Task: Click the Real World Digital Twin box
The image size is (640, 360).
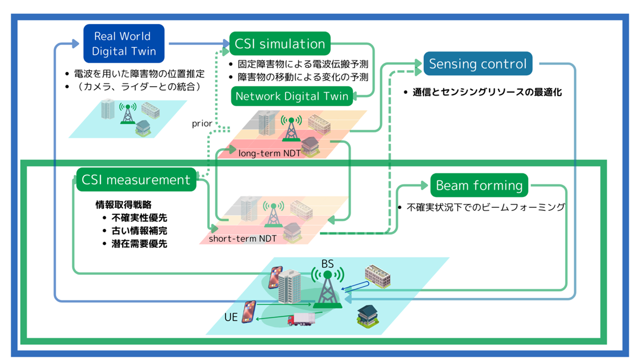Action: click(x=124, y=43)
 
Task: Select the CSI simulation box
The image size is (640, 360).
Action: click(x=280, y=44)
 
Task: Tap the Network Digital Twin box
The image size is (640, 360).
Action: click(x=292, y=96)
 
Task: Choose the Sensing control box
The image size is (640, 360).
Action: click(x=477, y=64)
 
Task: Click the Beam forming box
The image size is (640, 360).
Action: click(x=479, y=186)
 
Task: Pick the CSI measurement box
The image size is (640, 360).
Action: click(x=135, y=180)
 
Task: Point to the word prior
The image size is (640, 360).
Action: click(x=202, y=124)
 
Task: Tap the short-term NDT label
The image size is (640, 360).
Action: click(x=242, y=239)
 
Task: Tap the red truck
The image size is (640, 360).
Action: click(x=301, y=320)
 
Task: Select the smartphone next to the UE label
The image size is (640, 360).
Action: click(x=249, y=311)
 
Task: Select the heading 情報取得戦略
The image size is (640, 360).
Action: click(x=123, y=205)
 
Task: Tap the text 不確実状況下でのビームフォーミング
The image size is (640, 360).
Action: click(x=485, y=207)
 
